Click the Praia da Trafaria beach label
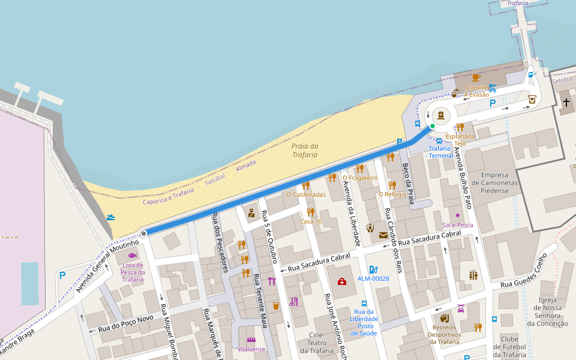tap(304, 151)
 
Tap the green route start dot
tap(432, 126)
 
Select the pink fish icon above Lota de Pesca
tap(132, 255)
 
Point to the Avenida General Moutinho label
tap(111, 266)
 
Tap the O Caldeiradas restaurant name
tap(306, 194)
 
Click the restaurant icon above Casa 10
tap(311, 212)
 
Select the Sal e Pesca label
tap(457, 225)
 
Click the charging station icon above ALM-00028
tap(373, 269)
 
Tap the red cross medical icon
tap(341, 281)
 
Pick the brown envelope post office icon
tap(383, 235)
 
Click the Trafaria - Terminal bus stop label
tap(440, 152)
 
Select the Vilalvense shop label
tap(251, 349)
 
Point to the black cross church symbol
tap(566, 103)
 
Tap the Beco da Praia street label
tap(408, 184)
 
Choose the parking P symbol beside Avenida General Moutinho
tap(62, 275)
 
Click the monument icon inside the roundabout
tap(442, 115)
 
